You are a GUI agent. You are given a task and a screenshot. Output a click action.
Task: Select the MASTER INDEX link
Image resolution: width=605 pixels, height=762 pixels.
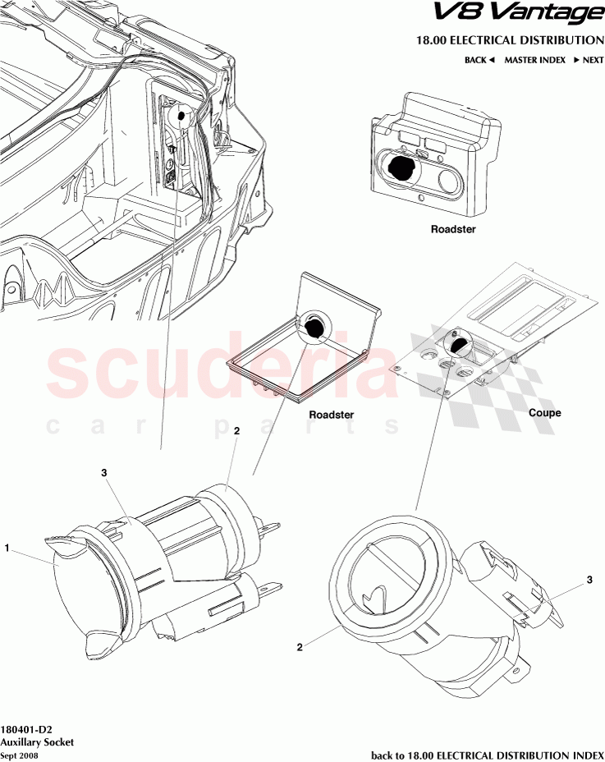(534, 60)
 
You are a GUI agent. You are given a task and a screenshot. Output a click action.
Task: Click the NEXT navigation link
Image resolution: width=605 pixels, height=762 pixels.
(589, 60)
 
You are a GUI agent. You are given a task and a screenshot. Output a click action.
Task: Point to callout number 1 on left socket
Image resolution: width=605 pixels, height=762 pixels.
(7, 547)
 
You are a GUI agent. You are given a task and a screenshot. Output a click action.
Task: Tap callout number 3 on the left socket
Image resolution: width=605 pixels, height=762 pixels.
(104, 473)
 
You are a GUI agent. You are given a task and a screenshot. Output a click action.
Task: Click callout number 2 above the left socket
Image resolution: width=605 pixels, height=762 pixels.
(236, 430)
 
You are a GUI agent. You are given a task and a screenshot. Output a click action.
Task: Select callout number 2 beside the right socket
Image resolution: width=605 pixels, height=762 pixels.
(300, 647)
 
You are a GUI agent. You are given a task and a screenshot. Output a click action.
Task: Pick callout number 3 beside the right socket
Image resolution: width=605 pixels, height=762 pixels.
(589, 581)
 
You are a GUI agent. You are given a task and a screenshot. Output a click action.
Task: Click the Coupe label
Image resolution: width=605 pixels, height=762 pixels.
(545, 413)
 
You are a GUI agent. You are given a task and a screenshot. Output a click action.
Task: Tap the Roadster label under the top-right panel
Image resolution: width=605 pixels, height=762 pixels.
(453, 230)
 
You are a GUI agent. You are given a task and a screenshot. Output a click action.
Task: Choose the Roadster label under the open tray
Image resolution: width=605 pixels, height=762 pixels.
(331, 415)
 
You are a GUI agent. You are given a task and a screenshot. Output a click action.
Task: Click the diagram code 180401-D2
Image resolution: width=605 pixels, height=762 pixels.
(30, 728)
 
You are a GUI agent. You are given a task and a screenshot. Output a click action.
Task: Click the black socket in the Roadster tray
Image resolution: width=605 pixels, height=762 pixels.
(314, 330)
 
